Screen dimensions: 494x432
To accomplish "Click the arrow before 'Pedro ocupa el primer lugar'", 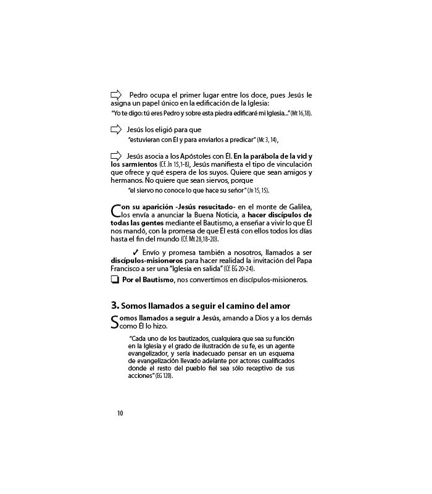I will tap(115, 94).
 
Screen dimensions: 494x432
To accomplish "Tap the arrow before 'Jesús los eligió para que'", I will tap(115, 130).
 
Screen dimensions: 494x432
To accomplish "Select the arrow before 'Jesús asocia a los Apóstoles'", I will tap(115, 155).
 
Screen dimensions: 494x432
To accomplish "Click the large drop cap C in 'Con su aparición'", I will tap(115, 211).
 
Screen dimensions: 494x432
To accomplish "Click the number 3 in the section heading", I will tap(114, 306).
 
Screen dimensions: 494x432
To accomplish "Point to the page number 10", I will tap(120, 413).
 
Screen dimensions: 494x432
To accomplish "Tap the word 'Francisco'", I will tap(128, 269).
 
